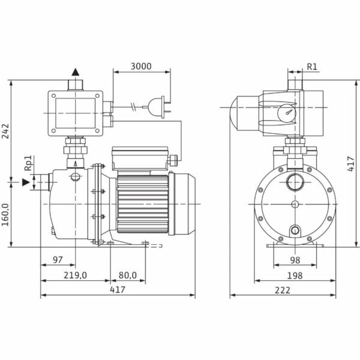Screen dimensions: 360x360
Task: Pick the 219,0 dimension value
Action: point(76,275)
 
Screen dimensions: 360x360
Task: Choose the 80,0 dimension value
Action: point(127,275)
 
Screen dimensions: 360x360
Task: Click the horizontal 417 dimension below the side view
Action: point(118,290)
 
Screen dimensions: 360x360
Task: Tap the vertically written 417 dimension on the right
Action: point(352,163)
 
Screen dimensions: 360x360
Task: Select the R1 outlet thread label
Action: point(312,66)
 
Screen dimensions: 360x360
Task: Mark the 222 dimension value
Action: point(283,290)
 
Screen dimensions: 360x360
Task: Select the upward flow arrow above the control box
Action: point(76,72)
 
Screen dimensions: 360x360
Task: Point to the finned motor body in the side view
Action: point(142,204)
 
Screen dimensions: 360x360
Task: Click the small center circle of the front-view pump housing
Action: point(294,205)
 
